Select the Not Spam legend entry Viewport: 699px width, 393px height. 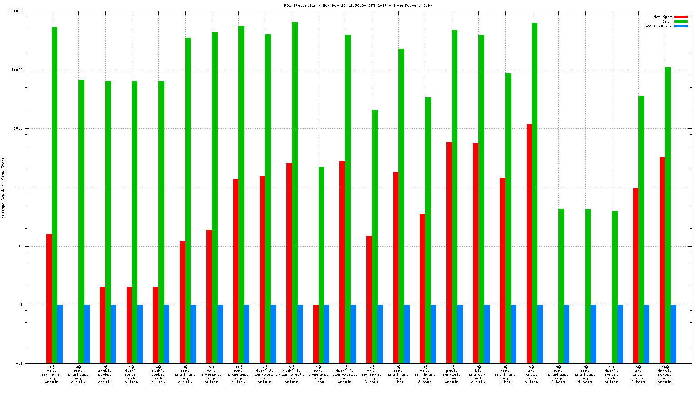663,17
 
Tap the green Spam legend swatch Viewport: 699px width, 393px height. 681,21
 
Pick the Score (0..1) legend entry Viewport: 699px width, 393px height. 658,26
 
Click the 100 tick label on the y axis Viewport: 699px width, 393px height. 18,187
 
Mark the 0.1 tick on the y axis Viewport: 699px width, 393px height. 19,364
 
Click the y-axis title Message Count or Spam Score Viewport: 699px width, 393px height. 3,187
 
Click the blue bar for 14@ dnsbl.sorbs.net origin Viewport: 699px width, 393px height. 673,334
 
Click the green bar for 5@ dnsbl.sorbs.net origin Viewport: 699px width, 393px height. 614,287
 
